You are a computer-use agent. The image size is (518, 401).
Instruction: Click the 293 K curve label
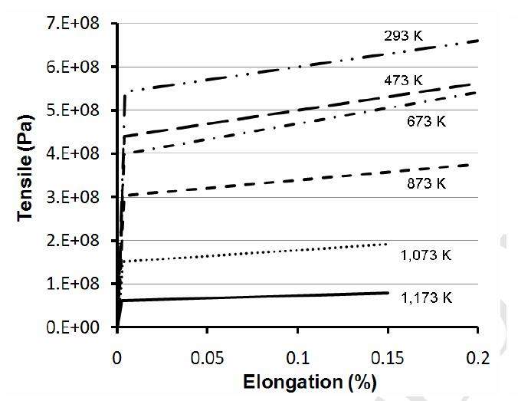[x=404, y=35]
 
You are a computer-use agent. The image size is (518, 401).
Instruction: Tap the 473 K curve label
[x=404, y=79]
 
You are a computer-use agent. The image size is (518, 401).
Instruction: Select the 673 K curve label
[x=426, y=120]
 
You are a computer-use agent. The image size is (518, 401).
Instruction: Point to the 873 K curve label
[x=426, y=183]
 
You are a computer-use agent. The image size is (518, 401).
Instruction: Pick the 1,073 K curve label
[x=426, y=255]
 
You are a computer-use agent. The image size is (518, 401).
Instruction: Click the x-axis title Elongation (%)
[x=297, y=381]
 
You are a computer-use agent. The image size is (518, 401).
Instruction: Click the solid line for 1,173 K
[x=253, y=296]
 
